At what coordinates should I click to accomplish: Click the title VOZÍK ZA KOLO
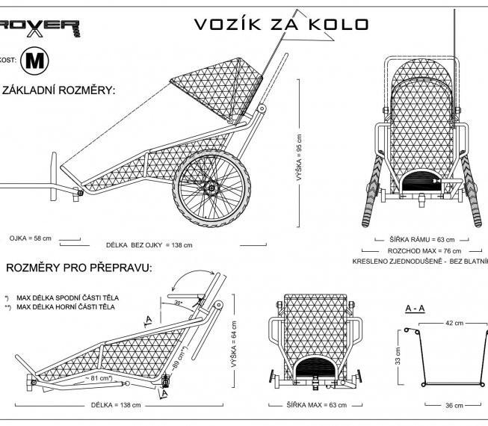(281, 24)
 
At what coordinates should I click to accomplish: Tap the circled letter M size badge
(34, 61)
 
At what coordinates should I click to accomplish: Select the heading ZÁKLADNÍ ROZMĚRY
(60, 90)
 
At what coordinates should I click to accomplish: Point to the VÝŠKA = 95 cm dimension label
(300, 158)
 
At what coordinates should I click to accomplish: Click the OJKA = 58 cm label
(31, 238)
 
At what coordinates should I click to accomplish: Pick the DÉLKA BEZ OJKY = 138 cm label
(149, 245)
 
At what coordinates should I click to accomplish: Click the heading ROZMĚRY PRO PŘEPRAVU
(79, 268)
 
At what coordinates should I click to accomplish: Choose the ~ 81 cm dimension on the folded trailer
(98, 378)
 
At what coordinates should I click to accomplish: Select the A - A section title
(416, 308)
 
